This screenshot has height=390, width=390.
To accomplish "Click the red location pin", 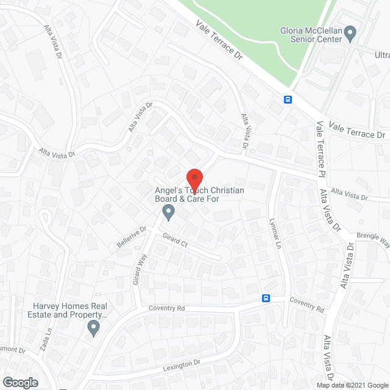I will (x=194, y=180).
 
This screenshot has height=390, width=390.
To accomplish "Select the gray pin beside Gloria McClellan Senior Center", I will (x=350, y=32).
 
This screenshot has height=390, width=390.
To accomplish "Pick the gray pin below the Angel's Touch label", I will (x=169, y=212).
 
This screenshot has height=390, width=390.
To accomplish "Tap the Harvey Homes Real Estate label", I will (x=71, y=310).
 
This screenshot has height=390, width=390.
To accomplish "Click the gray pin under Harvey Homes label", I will (x=93, y=328).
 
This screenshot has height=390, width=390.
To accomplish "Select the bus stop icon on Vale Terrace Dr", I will (x=288, y=99).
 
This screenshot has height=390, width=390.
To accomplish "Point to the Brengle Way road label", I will (x=373, y=239).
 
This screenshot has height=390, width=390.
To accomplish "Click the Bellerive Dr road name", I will (x=132, y=237).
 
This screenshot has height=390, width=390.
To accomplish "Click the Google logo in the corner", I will (x=19, y=382).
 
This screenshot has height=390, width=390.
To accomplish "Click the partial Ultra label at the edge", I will (x=381, y=55).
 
